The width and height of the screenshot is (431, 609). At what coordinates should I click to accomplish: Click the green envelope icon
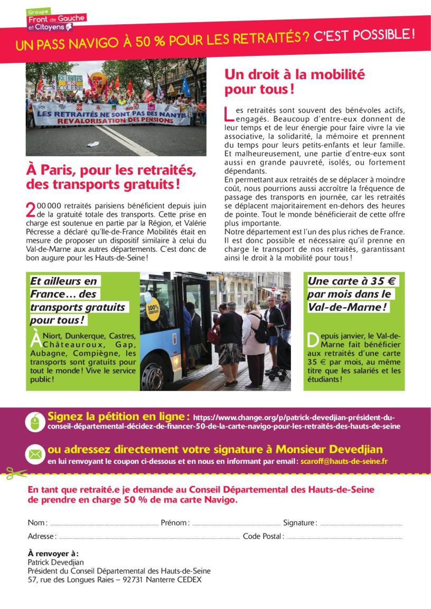coord(35,453)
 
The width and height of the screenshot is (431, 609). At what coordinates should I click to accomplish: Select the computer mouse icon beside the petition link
coord(35,421)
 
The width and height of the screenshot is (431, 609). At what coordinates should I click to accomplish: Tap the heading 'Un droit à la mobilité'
coord(294,75)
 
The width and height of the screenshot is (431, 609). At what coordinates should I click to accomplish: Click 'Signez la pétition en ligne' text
coord(118,416)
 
